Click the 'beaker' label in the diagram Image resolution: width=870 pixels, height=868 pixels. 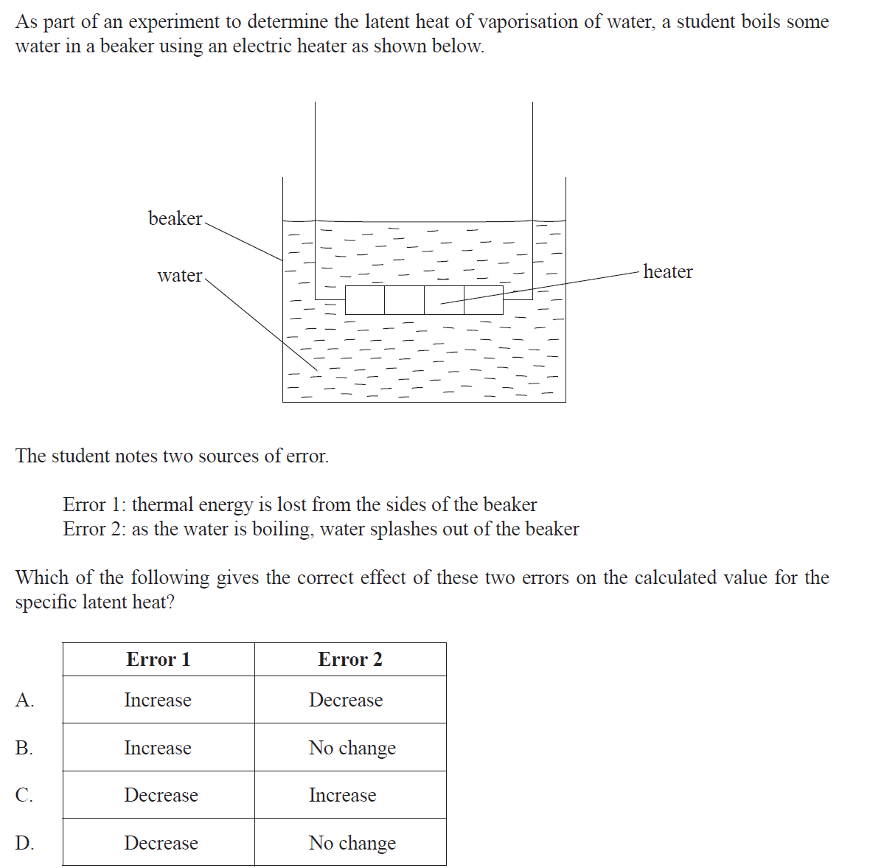175,218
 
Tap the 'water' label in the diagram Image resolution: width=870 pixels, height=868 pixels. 179,276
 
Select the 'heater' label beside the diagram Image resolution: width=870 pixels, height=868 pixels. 667,272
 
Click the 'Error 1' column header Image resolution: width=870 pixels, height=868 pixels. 159,659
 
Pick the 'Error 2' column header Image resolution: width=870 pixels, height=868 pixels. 350,659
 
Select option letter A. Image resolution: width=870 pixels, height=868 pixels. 24,700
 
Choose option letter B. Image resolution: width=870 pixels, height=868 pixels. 24,748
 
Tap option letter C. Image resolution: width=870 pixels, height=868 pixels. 24,795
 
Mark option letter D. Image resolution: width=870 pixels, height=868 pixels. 24,843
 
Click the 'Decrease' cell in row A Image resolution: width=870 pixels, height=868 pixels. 346,700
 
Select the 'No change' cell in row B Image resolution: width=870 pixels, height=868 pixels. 352,748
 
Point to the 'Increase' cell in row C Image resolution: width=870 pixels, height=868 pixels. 342,795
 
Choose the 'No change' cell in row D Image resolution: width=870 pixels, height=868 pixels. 352,843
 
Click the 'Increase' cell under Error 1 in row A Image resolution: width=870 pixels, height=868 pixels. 158,700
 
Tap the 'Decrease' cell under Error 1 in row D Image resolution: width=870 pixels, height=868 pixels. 161,843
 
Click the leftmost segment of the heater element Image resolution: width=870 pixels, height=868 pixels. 365,300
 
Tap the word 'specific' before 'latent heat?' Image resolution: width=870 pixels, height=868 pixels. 46,603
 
